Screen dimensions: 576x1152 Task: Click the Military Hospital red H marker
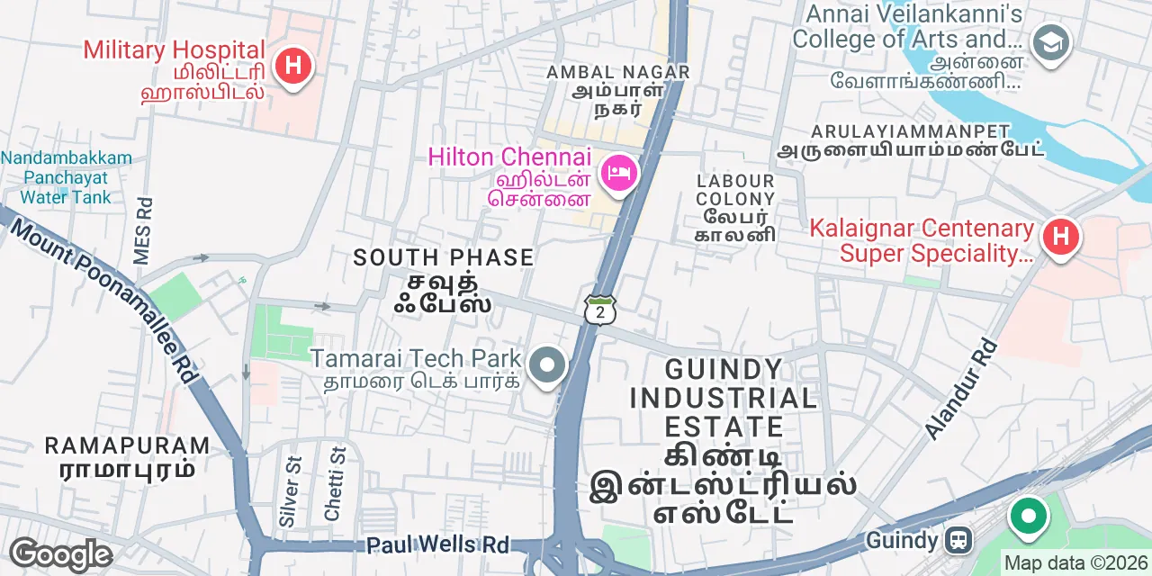292,66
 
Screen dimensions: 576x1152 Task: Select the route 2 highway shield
599,310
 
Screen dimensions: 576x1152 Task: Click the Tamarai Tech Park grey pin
545,366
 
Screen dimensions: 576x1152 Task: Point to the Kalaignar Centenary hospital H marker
1060,237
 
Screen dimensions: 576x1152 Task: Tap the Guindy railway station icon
959,540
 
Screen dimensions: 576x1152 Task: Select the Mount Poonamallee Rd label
103,301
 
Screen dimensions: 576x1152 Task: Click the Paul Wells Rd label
437,545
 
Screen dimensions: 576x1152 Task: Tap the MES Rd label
142,231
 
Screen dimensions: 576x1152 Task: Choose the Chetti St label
334,483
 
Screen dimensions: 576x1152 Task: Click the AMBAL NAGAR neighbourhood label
618,72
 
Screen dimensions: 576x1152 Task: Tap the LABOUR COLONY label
735,190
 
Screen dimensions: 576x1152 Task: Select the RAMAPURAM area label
127,445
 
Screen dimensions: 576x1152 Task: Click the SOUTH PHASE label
444,257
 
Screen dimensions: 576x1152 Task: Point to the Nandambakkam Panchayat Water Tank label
66,177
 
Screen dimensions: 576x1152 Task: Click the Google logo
60,555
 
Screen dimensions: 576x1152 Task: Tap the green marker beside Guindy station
1028,517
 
